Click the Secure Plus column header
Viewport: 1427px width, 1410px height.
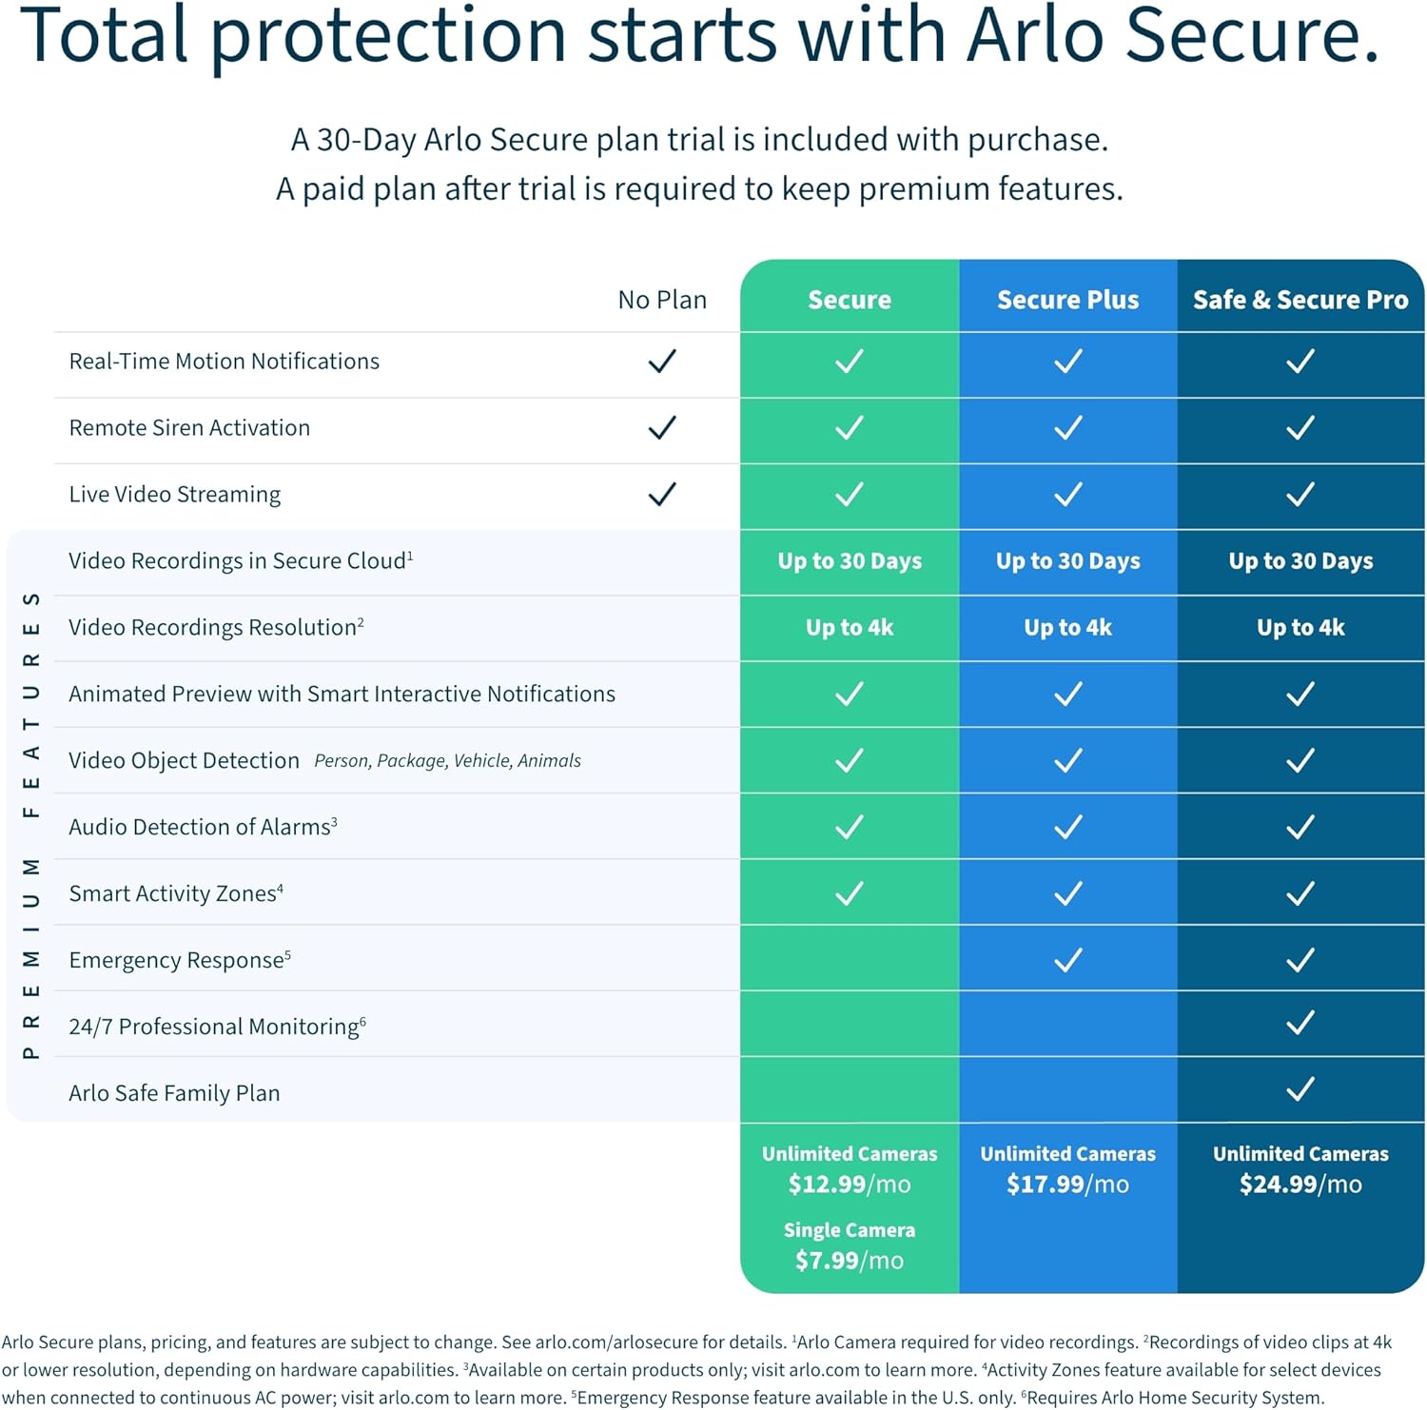(1067, 300)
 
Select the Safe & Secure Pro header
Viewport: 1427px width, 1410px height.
(1300, 300)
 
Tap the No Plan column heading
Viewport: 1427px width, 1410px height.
(662, 300)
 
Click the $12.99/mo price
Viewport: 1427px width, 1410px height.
(849, 1185)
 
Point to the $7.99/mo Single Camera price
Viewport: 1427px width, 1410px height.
(849, 1261)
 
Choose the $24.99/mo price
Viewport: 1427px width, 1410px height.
(1300, 1185)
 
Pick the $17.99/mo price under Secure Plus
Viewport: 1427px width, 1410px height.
(1067, 1185)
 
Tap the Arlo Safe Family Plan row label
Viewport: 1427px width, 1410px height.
(174, 1093)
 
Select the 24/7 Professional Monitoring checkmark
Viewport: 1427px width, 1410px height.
(1300, 1024)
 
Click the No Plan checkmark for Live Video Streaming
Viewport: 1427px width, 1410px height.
(662, 495)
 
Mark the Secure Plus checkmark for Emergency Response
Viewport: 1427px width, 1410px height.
(1067, 960)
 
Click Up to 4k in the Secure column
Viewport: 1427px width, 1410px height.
(849, 628)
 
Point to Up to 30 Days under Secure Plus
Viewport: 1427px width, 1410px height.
(1067, 561)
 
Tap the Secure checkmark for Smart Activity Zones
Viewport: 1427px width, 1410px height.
(849, 893)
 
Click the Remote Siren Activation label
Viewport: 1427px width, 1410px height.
(189, 428)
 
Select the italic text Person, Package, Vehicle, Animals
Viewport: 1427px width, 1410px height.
(447, 761)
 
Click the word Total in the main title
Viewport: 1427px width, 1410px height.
(105, 36)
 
